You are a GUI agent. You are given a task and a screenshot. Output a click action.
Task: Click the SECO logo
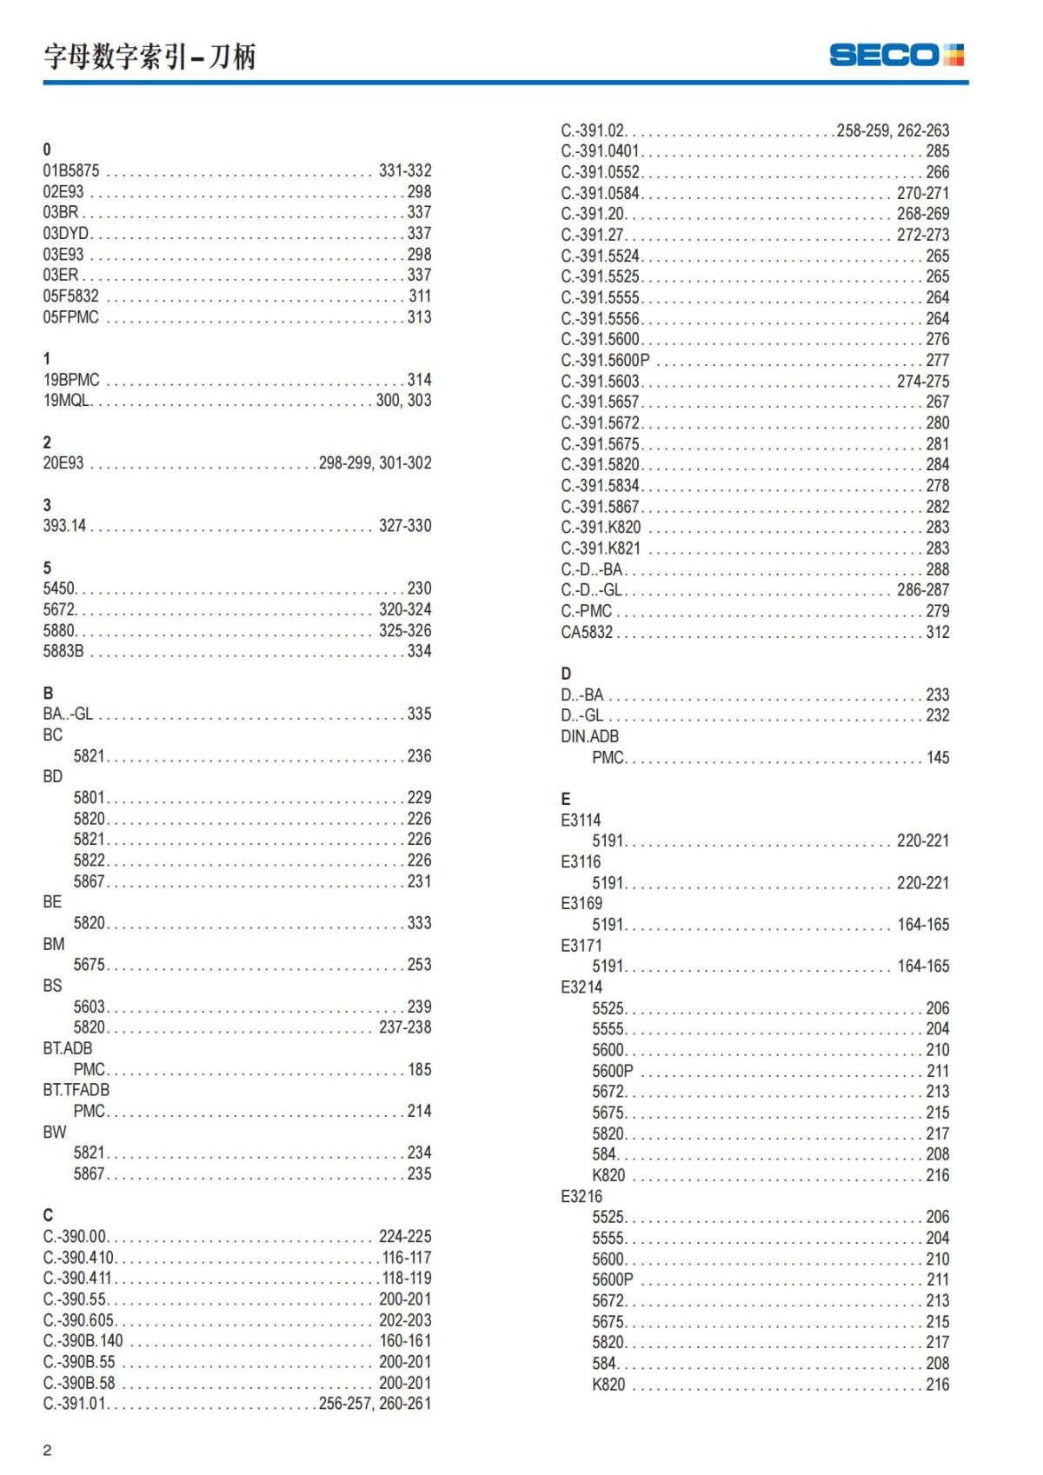(896, 55)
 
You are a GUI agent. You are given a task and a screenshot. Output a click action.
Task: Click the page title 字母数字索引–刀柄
(149, 56)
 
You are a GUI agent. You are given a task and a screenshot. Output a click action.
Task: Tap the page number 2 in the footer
(48, 1450)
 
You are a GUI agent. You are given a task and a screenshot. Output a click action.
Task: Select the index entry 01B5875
(71, 170)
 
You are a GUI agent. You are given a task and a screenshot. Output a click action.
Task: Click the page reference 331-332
(405, 170)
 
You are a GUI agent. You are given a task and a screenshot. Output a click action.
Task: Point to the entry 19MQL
(67, 401)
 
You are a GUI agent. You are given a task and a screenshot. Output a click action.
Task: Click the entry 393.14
(64, 526)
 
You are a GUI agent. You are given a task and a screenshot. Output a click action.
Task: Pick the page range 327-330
(405, 526)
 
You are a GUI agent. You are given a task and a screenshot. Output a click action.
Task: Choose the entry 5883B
(63, 651)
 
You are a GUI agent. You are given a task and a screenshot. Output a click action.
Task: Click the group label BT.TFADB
(76, 1090)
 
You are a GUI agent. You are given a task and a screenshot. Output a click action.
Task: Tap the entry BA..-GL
(68, 714)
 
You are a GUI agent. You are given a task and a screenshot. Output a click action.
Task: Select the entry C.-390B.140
(83, 1341)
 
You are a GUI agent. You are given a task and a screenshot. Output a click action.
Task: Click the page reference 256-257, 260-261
(375, 1404)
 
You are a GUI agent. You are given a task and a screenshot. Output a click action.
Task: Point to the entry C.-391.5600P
(605, 360)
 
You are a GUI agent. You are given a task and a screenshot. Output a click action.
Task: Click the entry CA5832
(587, 632)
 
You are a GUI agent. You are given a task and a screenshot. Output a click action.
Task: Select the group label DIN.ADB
(590, 736)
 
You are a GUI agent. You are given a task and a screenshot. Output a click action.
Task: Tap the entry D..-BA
(582, 694)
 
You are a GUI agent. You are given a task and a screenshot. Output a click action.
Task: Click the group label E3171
(581, 946)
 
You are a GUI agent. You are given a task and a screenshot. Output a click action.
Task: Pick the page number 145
(938, 758)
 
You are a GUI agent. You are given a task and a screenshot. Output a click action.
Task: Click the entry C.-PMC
(587, 611)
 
